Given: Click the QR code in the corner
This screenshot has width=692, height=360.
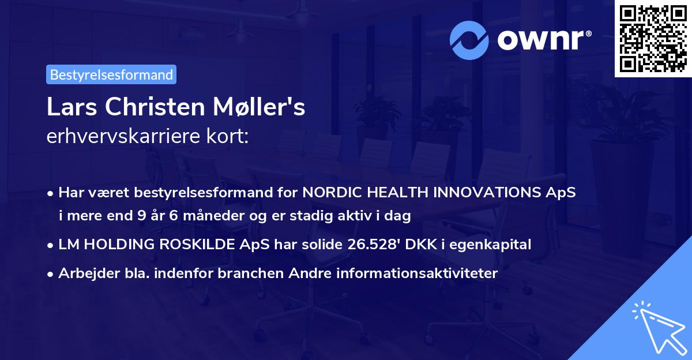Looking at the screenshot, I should point(653,39).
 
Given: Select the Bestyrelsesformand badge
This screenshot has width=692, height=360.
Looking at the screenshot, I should point(111,74).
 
